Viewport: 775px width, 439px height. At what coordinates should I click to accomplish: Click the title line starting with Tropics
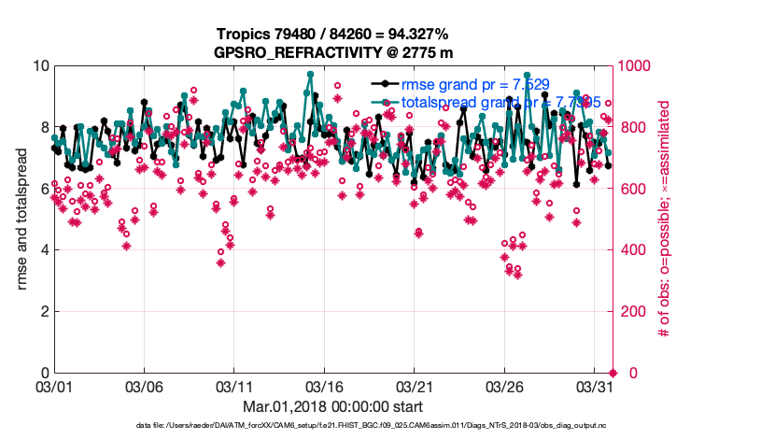click(332, 34)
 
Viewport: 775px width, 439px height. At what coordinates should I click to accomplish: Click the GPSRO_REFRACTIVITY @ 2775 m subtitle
click(332, 52)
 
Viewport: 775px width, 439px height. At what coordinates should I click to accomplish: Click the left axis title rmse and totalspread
click(22, 219)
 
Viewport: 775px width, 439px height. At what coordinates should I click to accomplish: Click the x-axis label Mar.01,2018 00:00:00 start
click(332, 407)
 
